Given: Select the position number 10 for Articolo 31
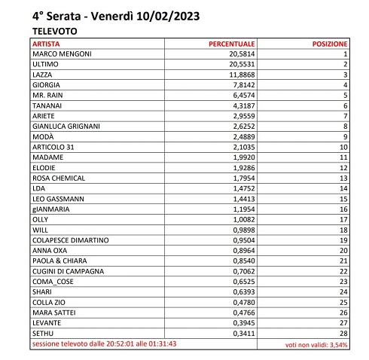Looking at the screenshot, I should point(343,147).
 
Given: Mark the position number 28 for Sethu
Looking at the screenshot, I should point(343,332).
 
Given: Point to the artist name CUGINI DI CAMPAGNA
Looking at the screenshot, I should point(69,270).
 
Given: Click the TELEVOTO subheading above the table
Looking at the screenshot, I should point(55,32).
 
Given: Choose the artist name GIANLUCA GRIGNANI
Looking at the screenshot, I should point(68,127).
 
